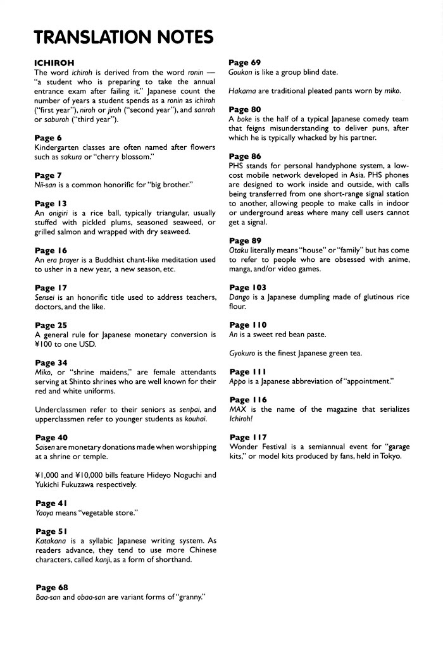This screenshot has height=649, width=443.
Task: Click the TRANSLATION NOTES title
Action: click(123, 38)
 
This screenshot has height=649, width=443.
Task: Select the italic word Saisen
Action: click(45, 447)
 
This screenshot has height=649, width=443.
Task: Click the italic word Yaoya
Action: click(45, 514)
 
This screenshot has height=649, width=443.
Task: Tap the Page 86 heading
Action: click(245, 156)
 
